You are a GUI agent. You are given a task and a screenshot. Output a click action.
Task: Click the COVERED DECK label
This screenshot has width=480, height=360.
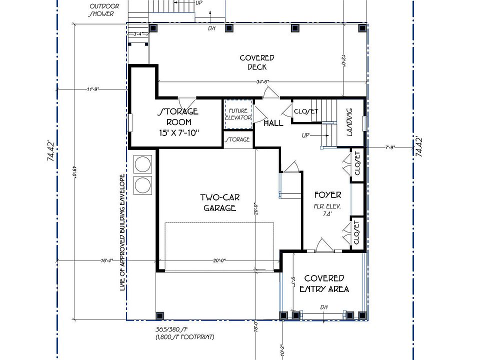[x=256, y=62]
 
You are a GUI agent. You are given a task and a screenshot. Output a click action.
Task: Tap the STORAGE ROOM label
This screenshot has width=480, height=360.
[x=178, y=116]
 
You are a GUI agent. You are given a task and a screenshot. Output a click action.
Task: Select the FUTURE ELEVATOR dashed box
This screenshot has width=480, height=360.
[x=237, y=113]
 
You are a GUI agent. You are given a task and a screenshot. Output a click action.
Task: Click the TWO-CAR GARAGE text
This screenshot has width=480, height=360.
[x=219, y=202]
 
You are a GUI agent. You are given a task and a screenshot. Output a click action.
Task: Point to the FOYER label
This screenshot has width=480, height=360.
[x=327, y=195]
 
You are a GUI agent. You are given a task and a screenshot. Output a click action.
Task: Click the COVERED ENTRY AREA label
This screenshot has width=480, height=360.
[x=324, y=283]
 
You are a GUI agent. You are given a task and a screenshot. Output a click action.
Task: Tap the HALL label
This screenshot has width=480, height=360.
[x=273, y=122]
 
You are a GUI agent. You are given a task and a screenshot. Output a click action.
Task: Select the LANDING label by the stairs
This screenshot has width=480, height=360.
[x=349, y=121]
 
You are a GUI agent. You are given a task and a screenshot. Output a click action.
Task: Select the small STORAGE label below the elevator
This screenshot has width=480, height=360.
[x=237, y=139]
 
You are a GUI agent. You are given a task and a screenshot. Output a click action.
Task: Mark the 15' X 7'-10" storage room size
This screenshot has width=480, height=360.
[x=178, y=133]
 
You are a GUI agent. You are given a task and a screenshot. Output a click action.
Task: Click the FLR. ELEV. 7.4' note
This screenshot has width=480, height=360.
[x=327, y=209]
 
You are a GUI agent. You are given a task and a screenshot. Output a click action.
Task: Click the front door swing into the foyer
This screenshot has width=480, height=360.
[x=322, y=245]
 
